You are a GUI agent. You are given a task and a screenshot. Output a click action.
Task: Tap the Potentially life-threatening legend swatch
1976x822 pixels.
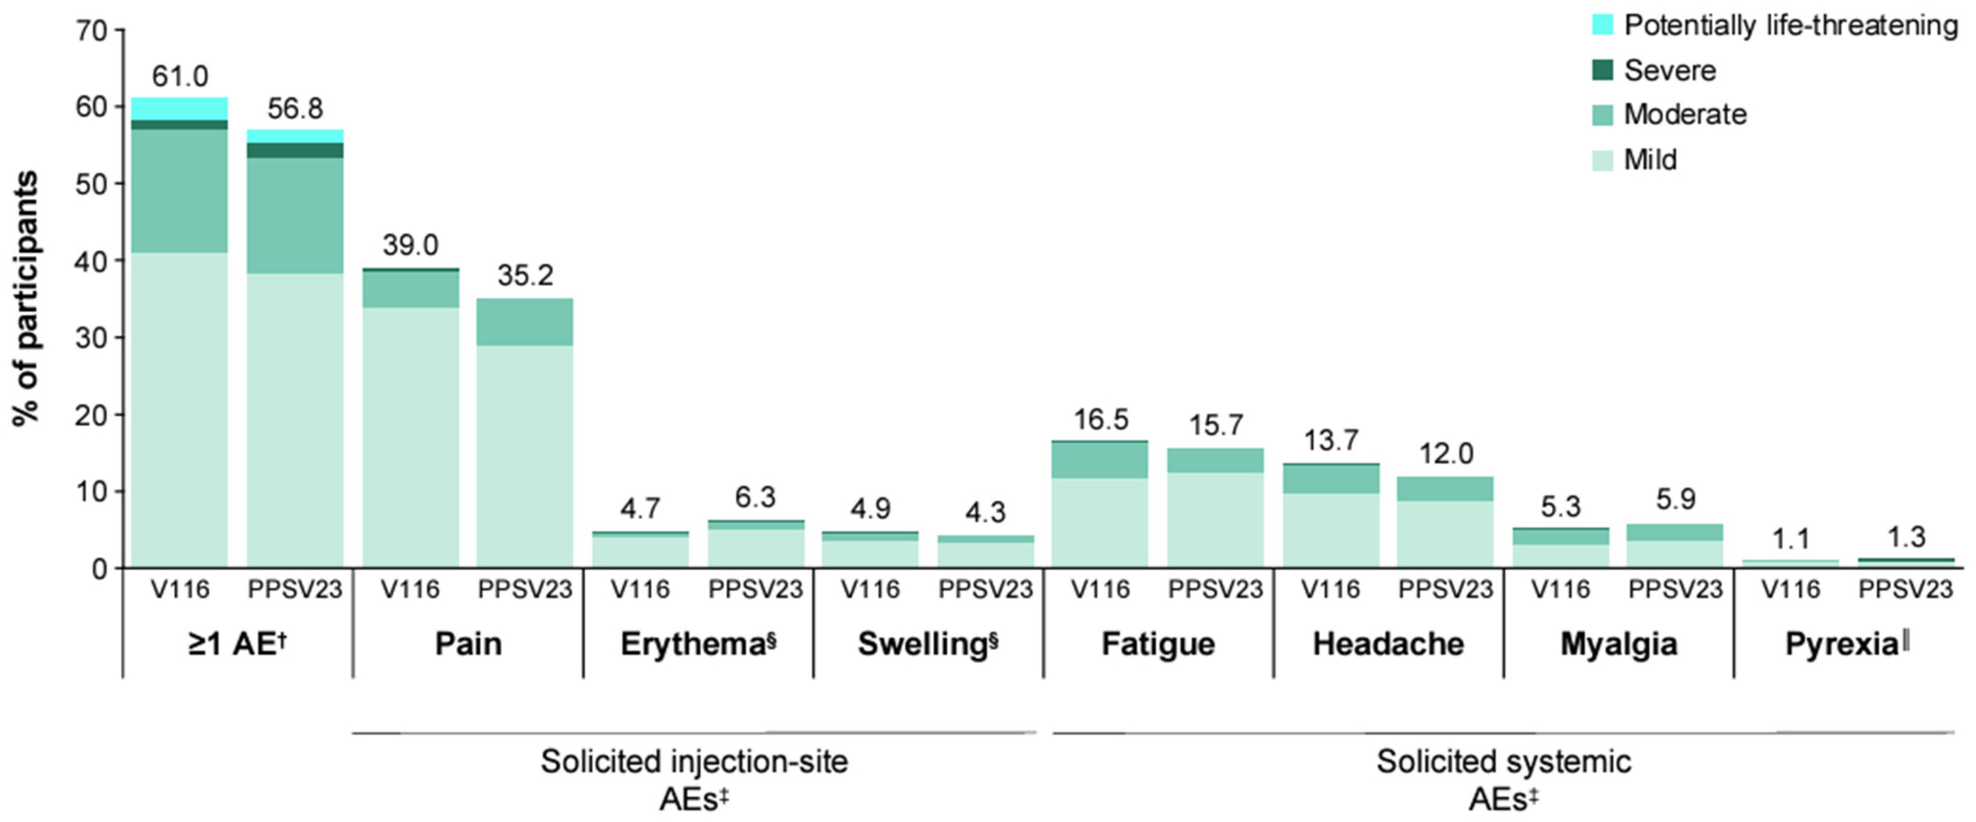coord(1602,25)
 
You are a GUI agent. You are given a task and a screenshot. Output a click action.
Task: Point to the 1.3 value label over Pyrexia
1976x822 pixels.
coord(1906,537)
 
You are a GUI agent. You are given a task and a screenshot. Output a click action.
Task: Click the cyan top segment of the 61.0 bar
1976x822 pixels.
coord(179,109)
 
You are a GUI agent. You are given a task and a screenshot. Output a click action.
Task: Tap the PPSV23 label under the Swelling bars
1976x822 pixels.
coord(986,589)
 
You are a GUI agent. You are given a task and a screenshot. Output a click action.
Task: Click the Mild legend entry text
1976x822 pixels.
coord(1650,159)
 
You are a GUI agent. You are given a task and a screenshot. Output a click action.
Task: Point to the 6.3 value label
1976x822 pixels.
coord(755,497)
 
